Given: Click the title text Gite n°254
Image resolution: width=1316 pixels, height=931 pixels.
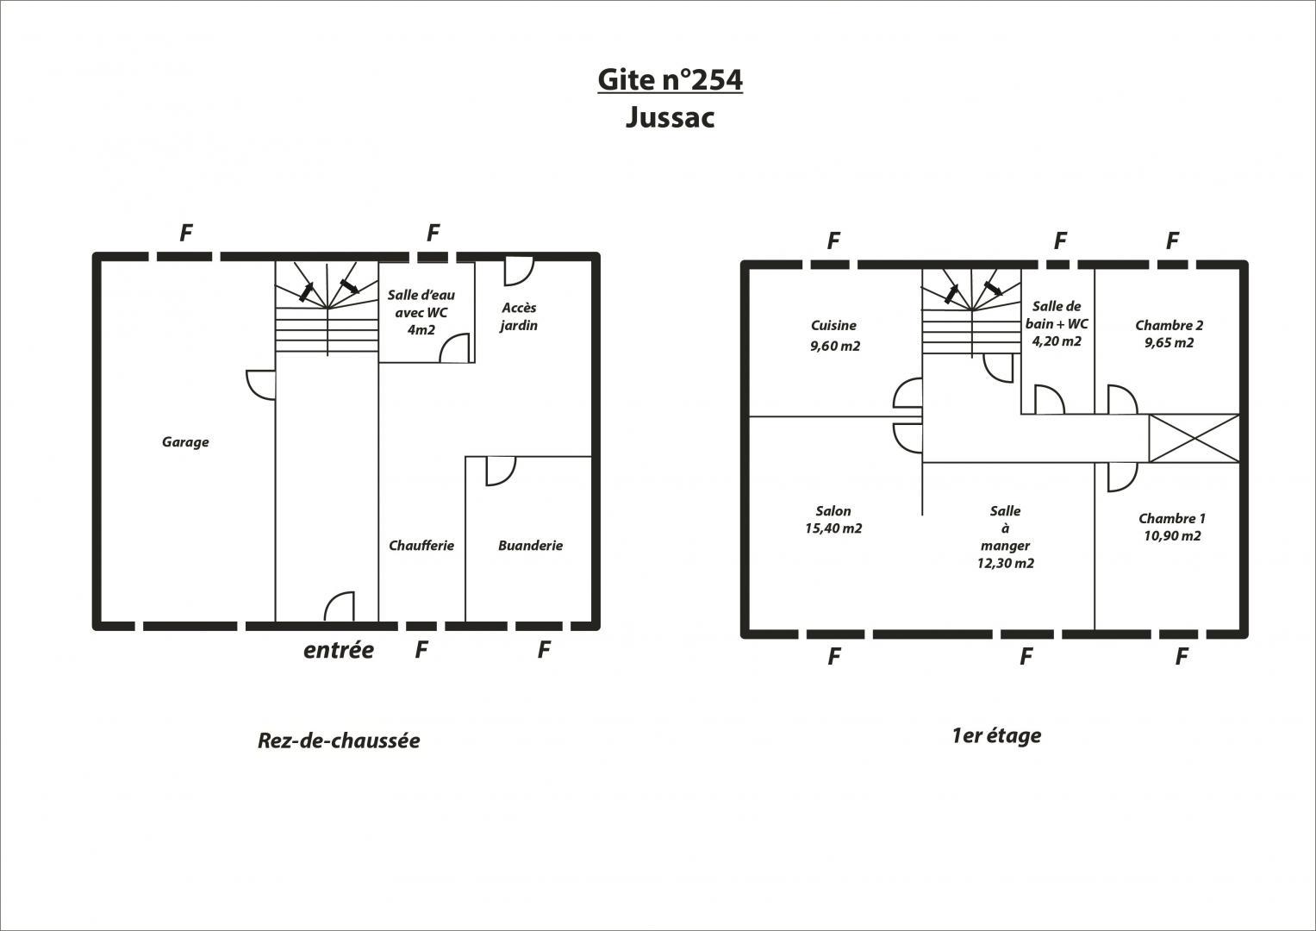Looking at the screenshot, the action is click(x=670, y=80).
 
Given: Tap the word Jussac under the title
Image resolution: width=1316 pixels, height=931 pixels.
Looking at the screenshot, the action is click(x=670, y=117).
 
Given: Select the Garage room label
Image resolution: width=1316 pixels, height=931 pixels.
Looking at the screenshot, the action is click(x=185, y=442).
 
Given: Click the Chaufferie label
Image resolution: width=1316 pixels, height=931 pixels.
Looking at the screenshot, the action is click(x=421, y=546).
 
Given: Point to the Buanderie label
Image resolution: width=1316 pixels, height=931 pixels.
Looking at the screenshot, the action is click(x=530, y=546).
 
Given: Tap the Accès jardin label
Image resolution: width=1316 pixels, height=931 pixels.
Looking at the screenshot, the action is click(x=519, y=316).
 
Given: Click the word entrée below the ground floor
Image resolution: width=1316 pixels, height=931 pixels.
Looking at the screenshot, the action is click(x=339, y=650).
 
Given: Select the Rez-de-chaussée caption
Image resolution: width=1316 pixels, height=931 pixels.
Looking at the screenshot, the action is click(x=339, y=740).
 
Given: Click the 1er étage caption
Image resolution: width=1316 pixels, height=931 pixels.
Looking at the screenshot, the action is click(x=996, y=736).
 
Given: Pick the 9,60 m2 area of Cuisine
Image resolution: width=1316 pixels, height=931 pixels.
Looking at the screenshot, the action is click(x=835, y=347).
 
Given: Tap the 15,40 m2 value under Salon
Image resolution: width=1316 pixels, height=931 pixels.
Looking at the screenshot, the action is click(x=833, y=528).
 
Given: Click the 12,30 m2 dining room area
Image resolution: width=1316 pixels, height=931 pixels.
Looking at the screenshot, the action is click(x=1005, y=563).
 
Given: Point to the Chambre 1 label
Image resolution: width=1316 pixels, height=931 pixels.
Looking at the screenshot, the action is click(x=1172, y=518).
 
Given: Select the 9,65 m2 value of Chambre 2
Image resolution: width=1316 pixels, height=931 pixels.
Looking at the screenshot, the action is click(x=1169, y=343).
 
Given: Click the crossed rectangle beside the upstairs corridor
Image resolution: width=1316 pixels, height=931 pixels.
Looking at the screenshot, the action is click(x=1194, y=439).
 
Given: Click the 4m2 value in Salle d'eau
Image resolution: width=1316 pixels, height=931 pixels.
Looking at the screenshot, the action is click(x=421, y=329).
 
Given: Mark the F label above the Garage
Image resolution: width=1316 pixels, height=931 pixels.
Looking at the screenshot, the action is click(x=186, y=234).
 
